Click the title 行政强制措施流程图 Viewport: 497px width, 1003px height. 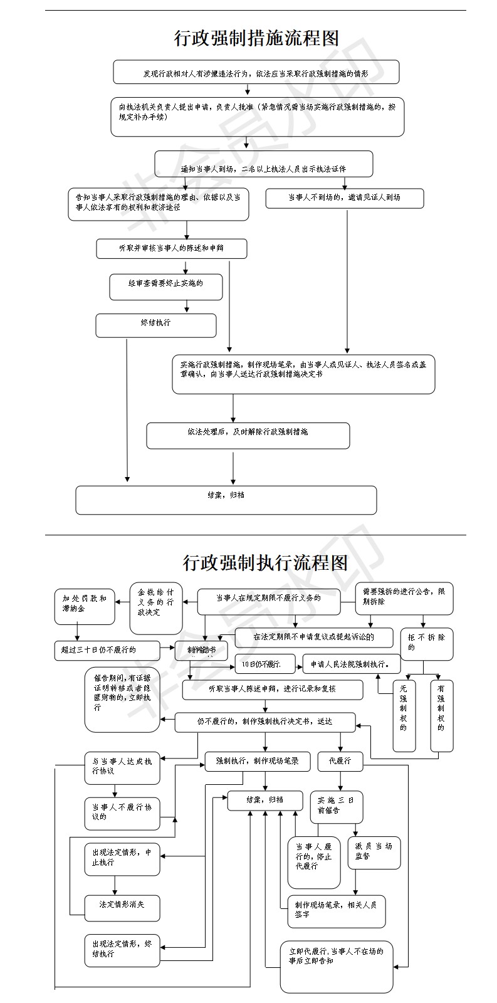click(256, 38)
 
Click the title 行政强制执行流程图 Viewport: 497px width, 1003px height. click(265, 562)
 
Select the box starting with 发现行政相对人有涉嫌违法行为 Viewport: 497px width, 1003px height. click(256, 72)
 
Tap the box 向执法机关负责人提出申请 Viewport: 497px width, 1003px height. click(257, 117)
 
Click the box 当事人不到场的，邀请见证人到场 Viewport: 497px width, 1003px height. click(344, 198)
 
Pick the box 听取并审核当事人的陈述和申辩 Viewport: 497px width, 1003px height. click(171, 248)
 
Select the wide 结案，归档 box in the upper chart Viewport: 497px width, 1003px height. click(226, 500)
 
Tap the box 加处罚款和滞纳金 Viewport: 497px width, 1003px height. click(85, 606)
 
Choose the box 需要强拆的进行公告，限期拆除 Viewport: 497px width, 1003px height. click(404, 598)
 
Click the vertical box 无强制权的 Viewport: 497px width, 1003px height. click(404, 716)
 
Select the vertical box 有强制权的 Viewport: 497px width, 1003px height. click(441, 716)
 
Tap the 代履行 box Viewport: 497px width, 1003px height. click(340, 761)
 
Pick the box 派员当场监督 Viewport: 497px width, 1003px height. click(374, 853)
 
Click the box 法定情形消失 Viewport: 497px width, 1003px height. click(122, 907)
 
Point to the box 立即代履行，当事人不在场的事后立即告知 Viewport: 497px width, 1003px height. click(337, 966)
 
